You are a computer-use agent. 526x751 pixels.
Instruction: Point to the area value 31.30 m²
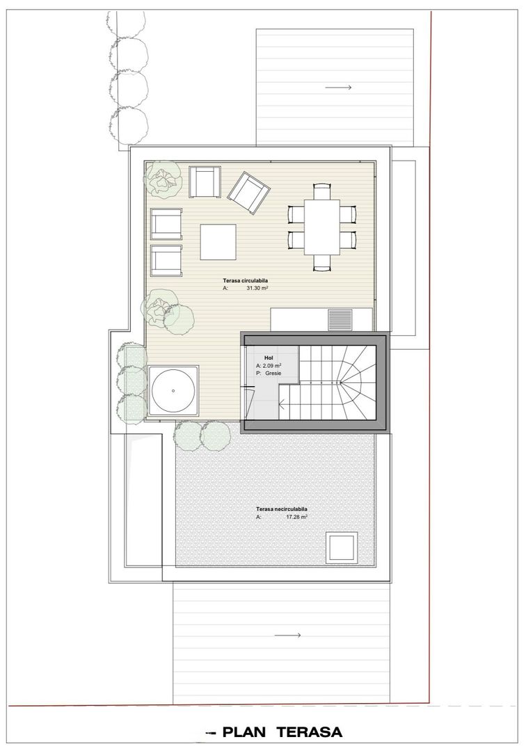257,287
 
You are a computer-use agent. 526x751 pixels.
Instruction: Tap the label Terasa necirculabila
281,509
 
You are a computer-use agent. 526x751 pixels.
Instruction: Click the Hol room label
259,357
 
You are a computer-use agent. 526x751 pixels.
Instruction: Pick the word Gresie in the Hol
272,373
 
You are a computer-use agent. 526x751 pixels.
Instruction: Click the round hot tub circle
173,391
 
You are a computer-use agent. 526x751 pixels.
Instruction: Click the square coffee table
218,241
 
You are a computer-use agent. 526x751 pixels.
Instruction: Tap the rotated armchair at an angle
248,193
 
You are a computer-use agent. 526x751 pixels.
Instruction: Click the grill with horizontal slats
340,319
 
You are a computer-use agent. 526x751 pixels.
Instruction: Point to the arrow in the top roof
338,88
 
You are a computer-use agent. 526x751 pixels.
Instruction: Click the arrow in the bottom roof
287,635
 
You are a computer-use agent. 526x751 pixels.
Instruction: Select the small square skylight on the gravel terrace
341,548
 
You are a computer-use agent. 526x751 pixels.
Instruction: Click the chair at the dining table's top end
322,188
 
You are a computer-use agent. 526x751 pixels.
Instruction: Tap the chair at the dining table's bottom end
322,262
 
